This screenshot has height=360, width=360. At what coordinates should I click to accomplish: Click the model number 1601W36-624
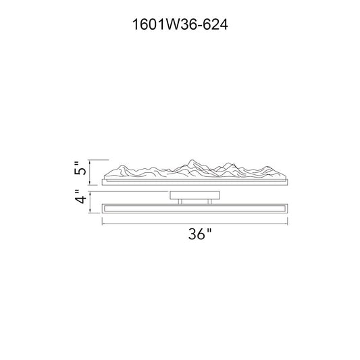(180, 24)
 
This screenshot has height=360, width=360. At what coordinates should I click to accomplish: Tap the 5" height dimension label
(80, 168)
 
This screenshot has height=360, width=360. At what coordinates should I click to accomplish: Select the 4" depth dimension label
(80, 197)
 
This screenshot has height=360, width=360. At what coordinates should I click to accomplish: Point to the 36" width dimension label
(199, 234)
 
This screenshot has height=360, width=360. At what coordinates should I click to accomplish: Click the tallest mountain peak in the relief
(191, 160)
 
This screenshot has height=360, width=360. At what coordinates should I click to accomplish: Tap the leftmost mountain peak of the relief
(122, 165)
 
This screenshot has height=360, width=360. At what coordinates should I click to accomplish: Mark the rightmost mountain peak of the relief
(266, 167)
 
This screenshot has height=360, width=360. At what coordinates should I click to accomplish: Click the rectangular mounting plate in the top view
(195, 195)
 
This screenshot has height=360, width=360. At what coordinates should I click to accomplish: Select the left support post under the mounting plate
(180, 201)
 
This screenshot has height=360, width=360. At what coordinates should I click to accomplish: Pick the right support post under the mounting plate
(209, 201)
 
